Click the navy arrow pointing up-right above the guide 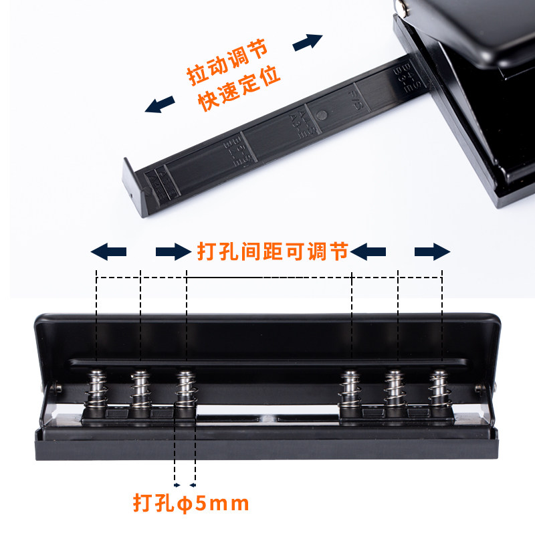point(308,41)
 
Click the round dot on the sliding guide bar point(323,114)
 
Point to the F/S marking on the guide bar point(354,100)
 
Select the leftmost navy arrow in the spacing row point(108,252)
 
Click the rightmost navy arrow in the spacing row point(432,252)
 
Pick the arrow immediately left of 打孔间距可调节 point(173,252)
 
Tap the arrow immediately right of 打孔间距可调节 point(368,252)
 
